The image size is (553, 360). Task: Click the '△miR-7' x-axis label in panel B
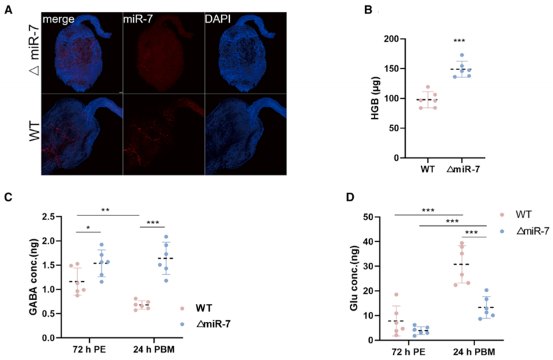[x=464, y=169]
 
